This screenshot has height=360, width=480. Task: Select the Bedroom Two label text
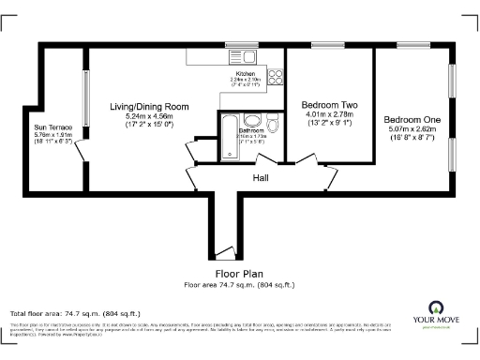326,106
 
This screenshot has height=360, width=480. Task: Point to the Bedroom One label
412,120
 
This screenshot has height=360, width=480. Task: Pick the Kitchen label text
246,73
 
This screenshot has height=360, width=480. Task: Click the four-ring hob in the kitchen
277,77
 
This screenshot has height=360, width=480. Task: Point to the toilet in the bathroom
272,125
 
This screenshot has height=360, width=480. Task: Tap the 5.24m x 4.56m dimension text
150,116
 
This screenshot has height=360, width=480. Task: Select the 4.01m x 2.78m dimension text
326,114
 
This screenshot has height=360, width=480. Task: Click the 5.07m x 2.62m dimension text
412,129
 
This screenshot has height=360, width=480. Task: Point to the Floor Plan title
239,274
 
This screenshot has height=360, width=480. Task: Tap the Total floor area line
75,312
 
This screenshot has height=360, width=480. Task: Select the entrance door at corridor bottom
222,250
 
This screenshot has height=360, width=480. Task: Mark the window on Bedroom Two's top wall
326,44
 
